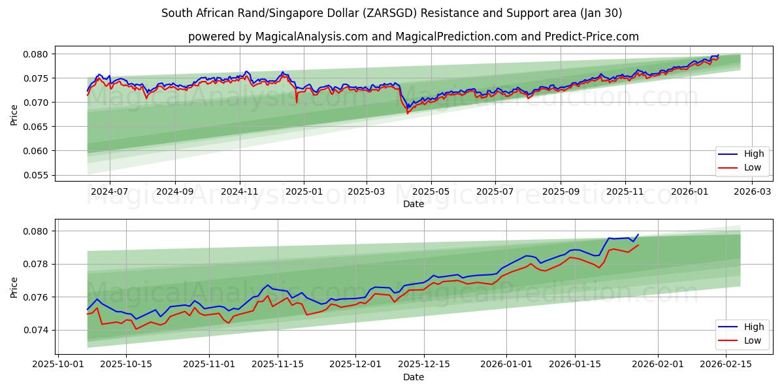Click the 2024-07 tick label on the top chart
pyautogui.click(x=109, y=192)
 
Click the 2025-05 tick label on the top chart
pyautogui.click(x=431, y=192)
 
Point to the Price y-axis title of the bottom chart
pyautogui.click(x=14, y=287)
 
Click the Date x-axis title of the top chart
pyautogui.click(x=413, y=204)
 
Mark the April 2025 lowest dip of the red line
pyautogui.click(x=408, y=114)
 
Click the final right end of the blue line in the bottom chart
pyautogui.click(x=638, y=235)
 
